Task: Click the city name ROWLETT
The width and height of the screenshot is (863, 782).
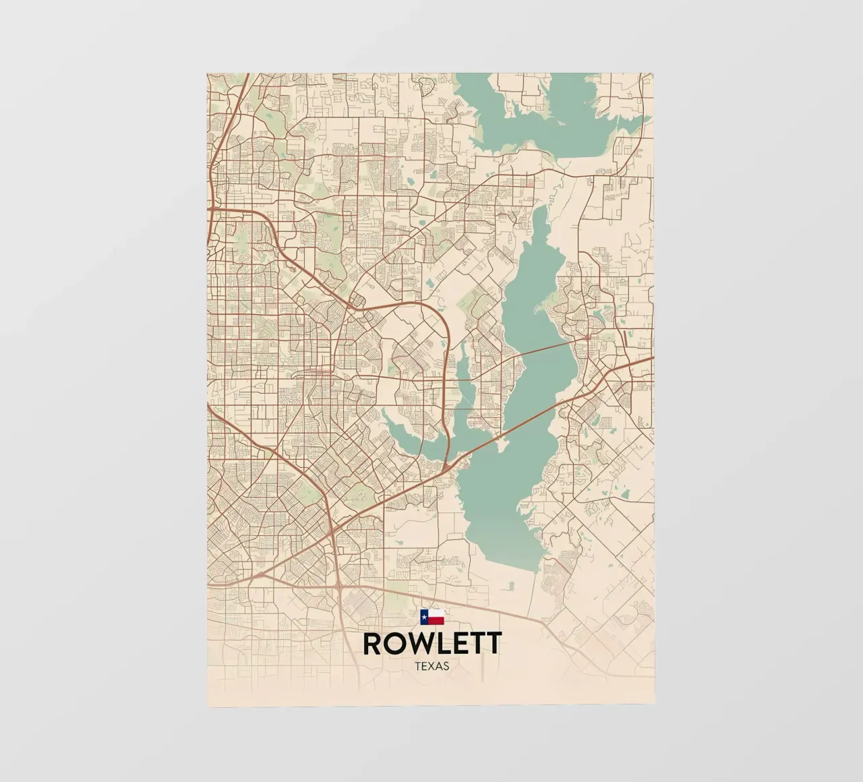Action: tap(431, 643)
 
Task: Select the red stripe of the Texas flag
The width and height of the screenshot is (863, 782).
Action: tap(436, 620)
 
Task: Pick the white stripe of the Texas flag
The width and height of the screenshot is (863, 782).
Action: tap(436, 613)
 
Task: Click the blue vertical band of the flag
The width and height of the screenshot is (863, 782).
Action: tap(424, 616)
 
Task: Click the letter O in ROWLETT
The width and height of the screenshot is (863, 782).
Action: tap(393, 643)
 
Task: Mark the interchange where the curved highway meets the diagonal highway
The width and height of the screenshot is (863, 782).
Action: tap(446, 466)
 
